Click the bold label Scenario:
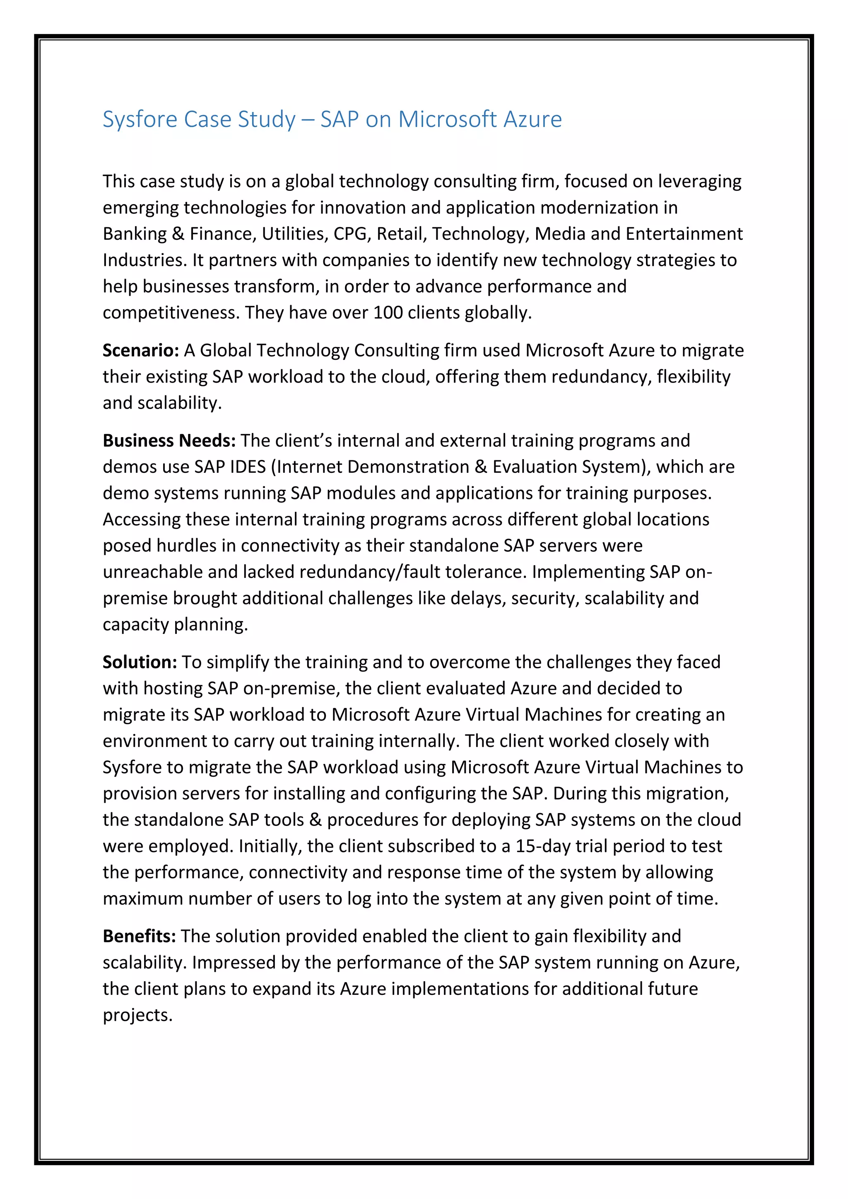(141, 350)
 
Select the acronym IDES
(248, 467)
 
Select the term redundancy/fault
(370, 572)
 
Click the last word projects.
(137, 1016)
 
